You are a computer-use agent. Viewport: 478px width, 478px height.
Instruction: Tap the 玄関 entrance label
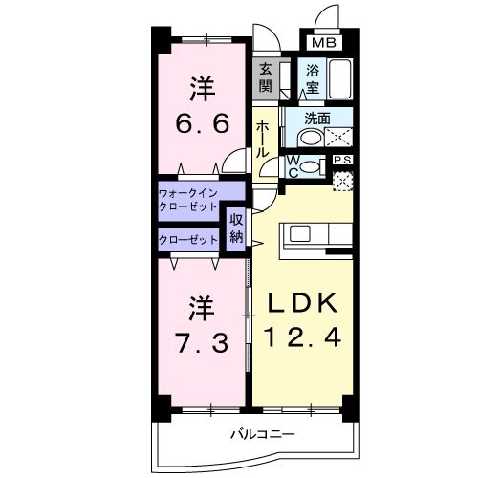pos(266,77)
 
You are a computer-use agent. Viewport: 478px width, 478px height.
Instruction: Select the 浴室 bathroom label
pos(314,77)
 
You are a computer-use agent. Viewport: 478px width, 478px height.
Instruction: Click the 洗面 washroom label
pos(317,119)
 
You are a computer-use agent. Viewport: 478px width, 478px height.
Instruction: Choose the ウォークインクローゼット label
pos(189,201)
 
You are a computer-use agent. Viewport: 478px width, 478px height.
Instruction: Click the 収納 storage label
pos(236,230)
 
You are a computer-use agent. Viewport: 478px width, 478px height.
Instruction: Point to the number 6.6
pos(202,126)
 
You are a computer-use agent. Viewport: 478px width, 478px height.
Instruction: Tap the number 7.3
pos(202,342)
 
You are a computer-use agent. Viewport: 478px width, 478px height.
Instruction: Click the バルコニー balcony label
pos(261,435)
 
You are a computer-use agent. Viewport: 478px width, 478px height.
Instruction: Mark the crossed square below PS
pos(342,178)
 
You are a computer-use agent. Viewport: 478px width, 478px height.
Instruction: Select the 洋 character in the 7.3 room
pos(201,308)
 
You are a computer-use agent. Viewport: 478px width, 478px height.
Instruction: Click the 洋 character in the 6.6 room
pos(201,91)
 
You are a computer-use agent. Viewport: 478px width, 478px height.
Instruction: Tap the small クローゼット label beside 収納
pos(188,239)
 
